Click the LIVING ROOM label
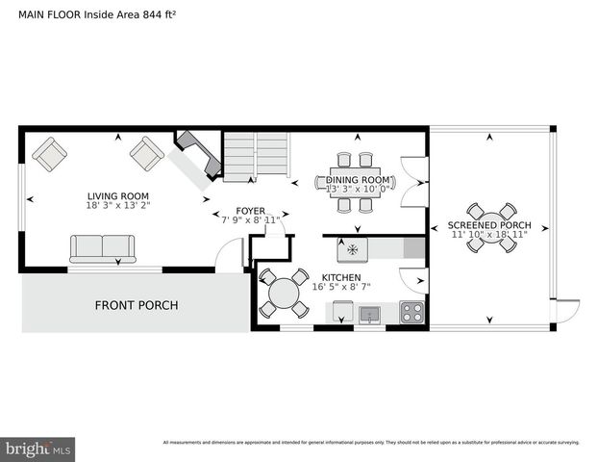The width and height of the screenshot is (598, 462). point(118,195)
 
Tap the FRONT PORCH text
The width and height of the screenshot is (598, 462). point(136,305)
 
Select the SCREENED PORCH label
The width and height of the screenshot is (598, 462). point(489,224)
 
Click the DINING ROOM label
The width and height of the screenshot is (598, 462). point(358,179)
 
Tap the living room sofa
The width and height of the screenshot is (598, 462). point(101,248)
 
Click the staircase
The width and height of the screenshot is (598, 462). point(256,156)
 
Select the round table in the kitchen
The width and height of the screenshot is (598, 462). point(285,293)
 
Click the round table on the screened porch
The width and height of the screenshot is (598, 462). point(491,227)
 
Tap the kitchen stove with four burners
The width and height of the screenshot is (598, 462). point(411,312)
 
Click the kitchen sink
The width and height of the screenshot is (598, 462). point(368,313)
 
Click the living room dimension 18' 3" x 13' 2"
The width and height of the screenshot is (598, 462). point(118,205)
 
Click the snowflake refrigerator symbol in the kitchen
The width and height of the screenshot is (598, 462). point(352,249)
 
